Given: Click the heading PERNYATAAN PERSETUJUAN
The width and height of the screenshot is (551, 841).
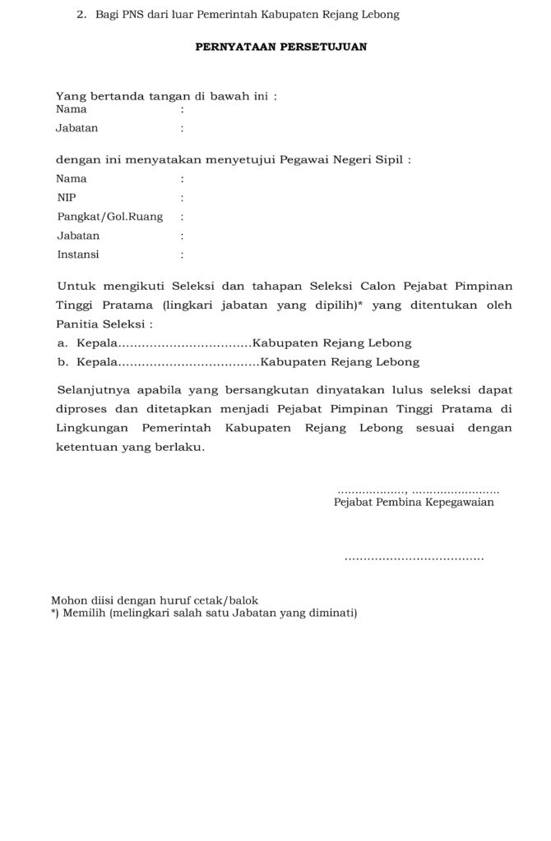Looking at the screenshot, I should tap(280, 47).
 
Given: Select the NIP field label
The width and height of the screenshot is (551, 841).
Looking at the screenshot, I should tap(66, 197).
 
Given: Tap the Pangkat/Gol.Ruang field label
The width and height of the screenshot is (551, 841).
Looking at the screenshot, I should tap(109, 217).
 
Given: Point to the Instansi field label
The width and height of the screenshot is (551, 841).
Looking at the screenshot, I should tap(78, 255).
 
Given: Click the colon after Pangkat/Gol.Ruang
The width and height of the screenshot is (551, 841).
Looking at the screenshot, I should tap(182, 217).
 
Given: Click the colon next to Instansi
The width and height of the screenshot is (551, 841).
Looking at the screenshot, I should tap(182, 255).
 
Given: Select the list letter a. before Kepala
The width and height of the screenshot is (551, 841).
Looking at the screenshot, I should tap(63, 343).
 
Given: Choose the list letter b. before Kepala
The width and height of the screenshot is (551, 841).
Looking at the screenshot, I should tap(63, 361).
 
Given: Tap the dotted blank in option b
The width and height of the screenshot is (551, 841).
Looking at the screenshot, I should tap(190, 361).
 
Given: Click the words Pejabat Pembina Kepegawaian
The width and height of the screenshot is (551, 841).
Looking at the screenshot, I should tap(414, 502).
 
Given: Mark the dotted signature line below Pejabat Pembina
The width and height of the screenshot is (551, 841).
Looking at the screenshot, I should tap(414, 558).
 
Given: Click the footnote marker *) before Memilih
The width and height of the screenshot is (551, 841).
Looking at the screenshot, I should tap(55, 613).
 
